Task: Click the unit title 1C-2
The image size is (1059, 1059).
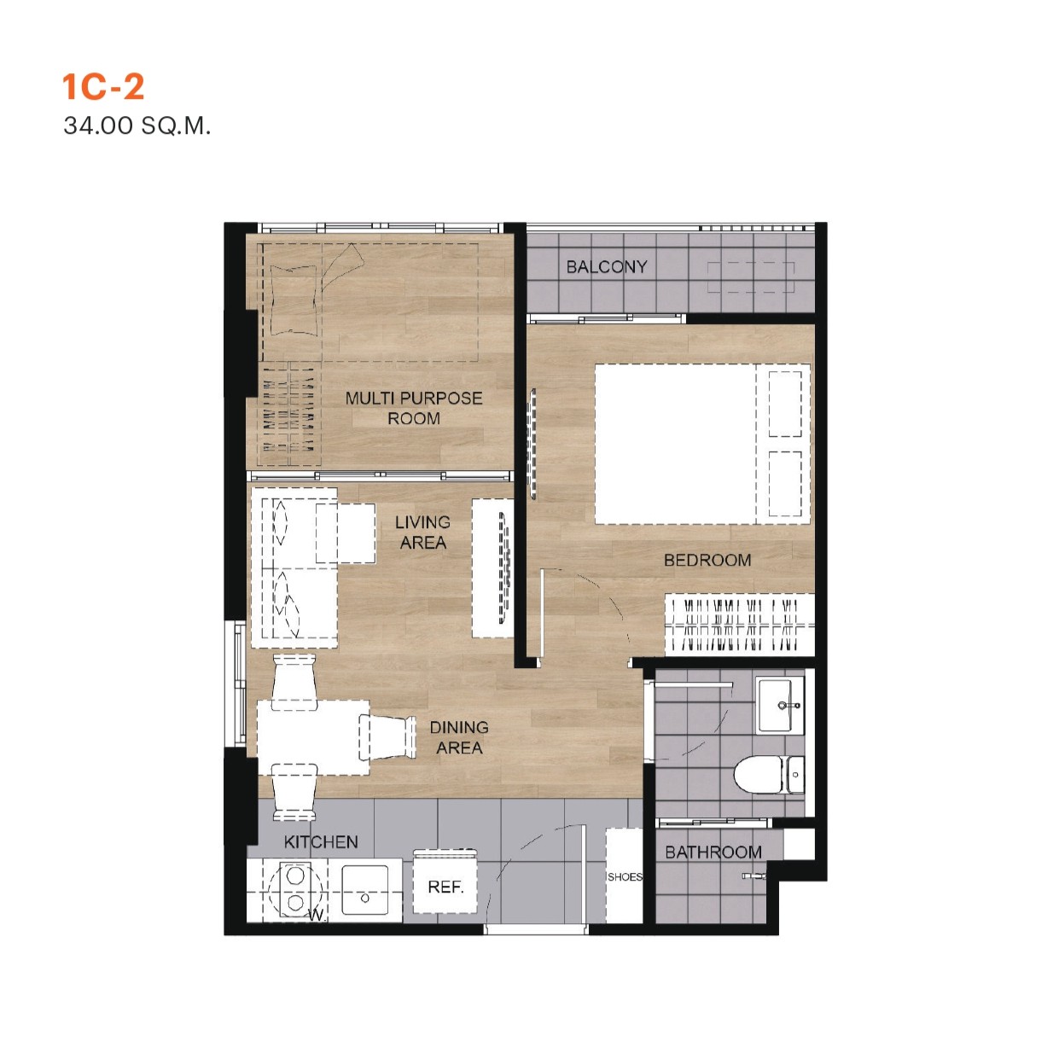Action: [103, 87]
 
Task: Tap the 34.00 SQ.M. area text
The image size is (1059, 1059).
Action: [137, 125]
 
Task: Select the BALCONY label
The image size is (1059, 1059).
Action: [606, 267]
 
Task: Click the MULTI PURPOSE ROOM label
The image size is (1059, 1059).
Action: [414, 408]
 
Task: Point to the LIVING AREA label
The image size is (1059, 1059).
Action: [422, 532]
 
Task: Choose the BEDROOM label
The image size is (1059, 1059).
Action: [707, 560]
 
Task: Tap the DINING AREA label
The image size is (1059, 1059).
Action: [459, 737]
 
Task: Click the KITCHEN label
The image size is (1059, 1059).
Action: [321, 842]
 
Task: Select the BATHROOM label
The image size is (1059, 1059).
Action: [713, 852]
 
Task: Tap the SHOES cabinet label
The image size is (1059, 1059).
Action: [625, 877]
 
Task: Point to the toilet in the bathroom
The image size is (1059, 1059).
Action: [769, 775]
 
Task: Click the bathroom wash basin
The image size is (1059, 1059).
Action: [780, 705]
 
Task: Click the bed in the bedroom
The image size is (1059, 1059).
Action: [702, 444]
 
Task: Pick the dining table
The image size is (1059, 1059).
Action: [313, 737]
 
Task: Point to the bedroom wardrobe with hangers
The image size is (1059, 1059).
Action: [740, 625]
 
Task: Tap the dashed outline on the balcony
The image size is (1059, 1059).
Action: [751, 277]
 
